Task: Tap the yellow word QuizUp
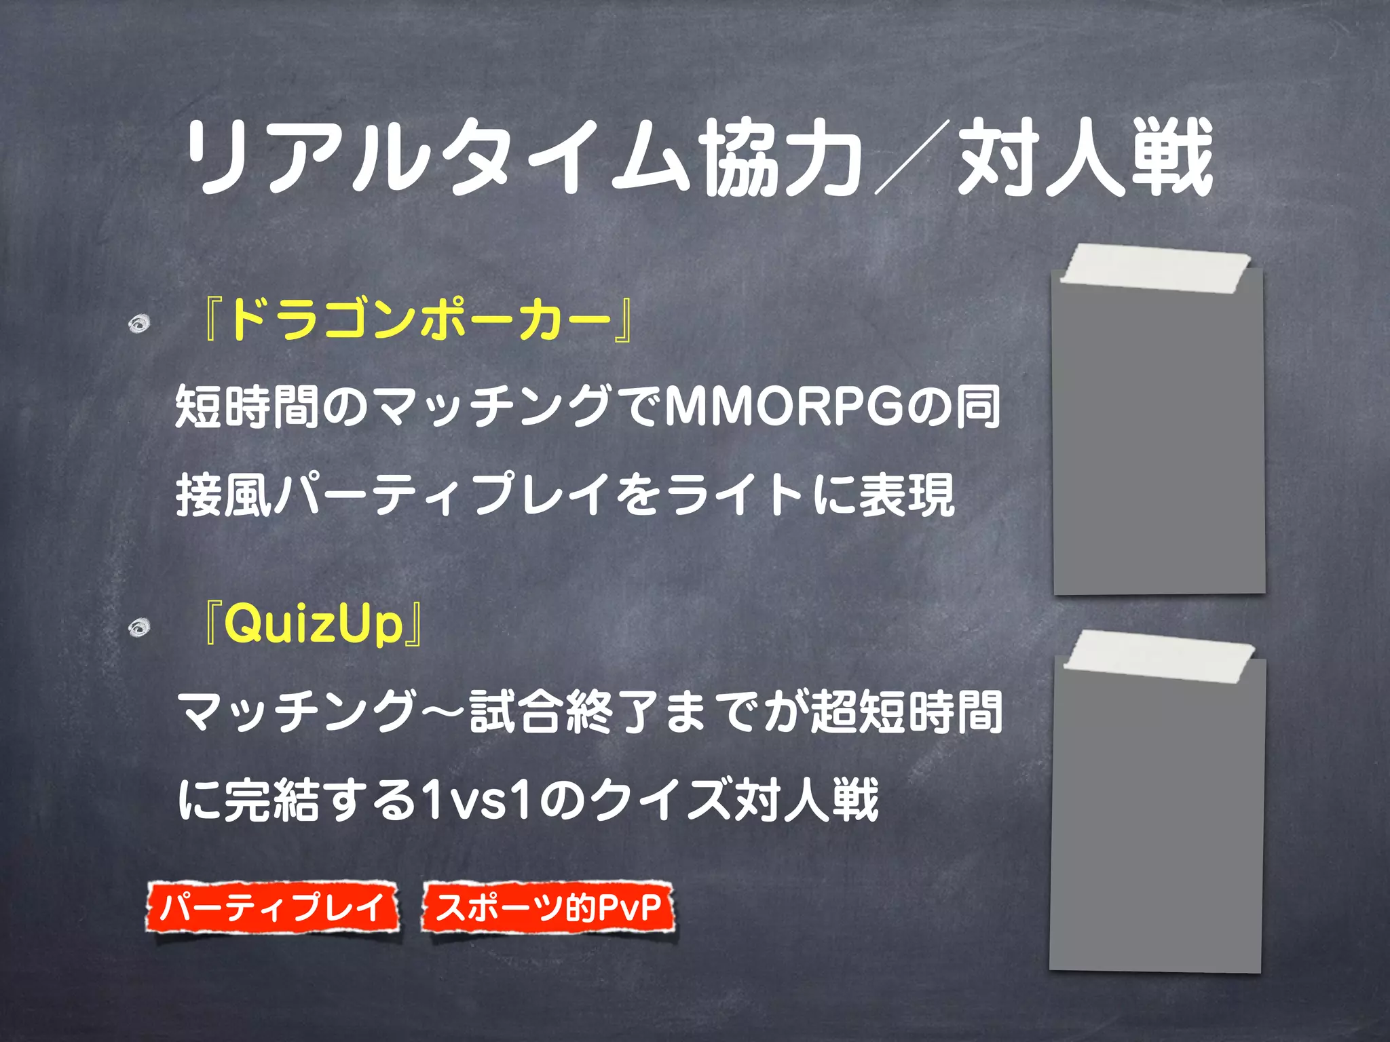(313, 624)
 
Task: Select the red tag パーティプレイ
(272, 908)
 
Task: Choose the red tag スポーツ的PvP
(548, 908)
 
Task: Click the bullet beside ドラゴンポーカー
(139, 324)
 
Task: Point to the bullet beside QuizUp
(139, 628)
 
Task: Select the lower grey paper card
(1157, 828)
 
